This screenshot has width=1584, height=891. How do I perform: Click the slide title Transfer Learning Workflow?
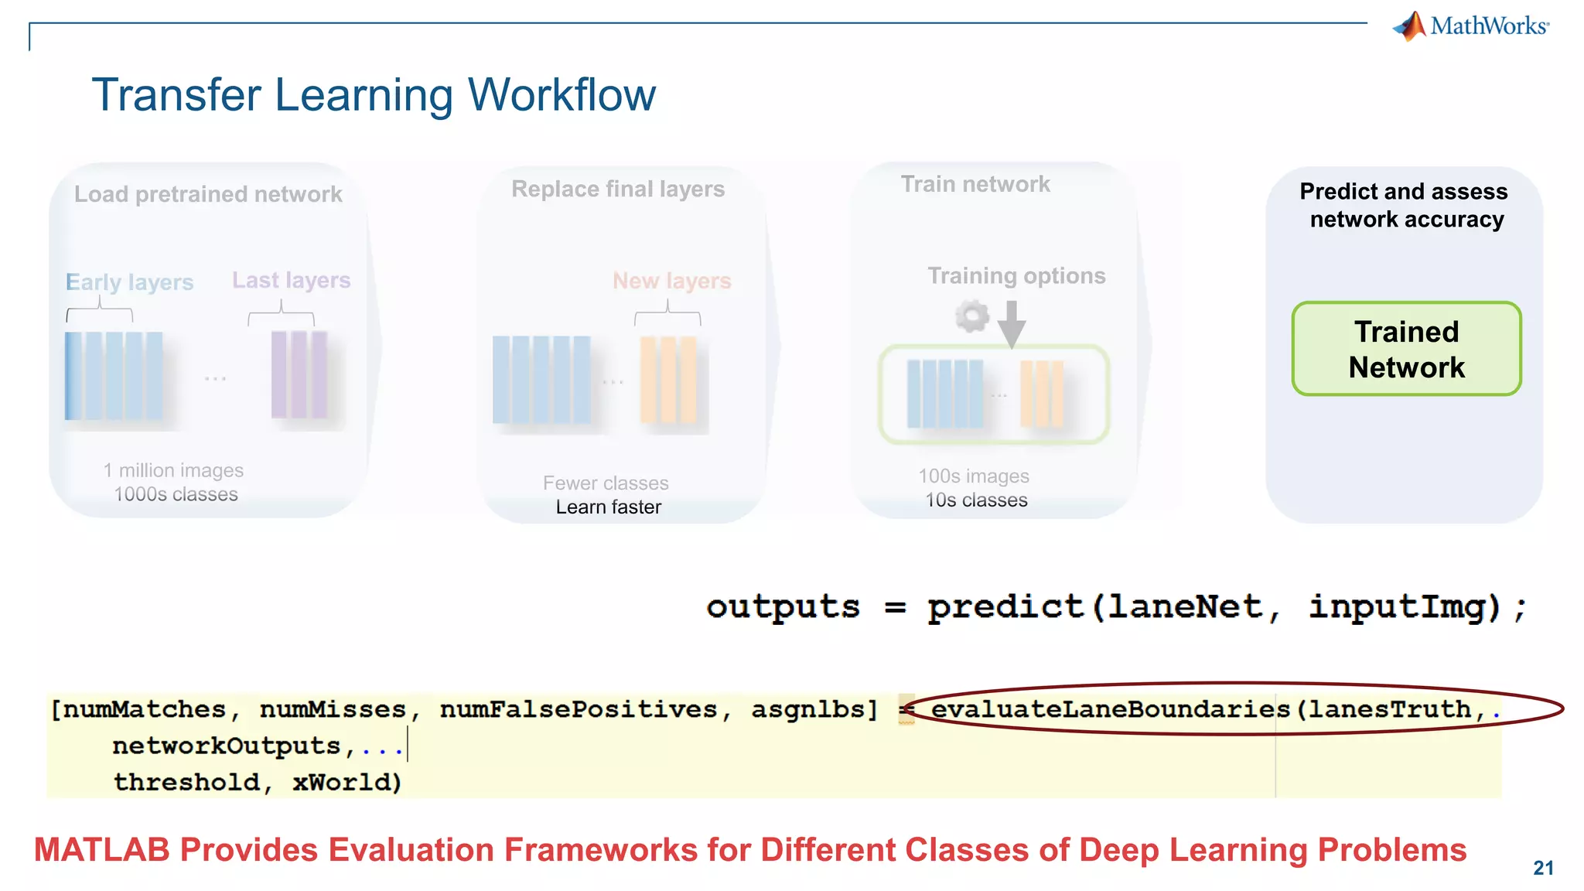pyautogui.click(x=374, y=95)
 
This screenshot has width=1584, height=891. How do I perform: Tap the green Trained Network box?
pyautogui.click(x=1406, y=349)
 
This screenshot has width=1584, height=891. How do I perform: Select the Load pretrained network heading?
pyautogui.click(x=208, y=194)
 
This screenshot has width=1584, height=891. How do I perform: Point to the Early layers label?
pyautogui.click(x=129, y=282)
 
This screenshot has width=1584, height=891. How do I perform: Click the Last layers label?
pyautogui.click(x=292, y=280)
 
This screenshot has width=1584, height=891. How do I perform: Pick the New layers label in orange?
pyautogui.click(x=671, y=281)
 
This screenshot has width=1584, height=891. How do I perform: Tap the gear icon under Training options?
pyautogui.click(x=971, y=316)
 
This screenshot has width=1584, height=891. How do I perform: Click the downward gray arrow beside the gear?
pyautogui.click(x=1012, y=324)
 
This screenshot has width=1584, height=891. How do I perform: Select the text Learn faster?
pyautogui.click(x=608, y=507)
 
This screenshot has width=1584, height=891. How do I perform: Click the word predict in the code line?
pyautogui.click(x=1005, y=607)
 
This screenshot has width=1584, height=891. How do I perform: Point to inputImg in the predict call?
pyautogui.click(x=1404, y=607)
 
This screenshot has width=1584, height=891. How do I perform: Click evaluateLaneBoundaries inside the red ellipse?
pyautogui.click(x=1110, y=709)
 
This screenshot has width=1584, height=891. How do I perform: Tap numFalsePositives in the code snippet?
pyautogui.click(x=579, y=709)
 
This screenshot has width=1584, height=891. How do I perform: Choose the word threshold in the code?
pyautogui.click(x=186, y=782)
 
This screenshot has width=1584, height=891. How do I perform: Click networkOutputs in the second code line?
pyautogui.click(x=227, y=746)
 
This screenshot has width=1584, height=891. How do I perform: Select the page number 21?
pyautogui.click(x=1543, y=869)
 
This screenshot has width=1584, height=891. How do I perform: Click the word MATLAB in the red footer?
pyautogui.click(x=101, y=850)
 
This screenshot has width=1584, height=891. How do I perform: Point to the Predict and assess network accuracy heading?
pyautogui.click(x=1405, y=206)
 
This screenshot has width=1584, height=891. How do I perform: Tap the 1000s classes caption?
pyautogui.click(x=176, y=494)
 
